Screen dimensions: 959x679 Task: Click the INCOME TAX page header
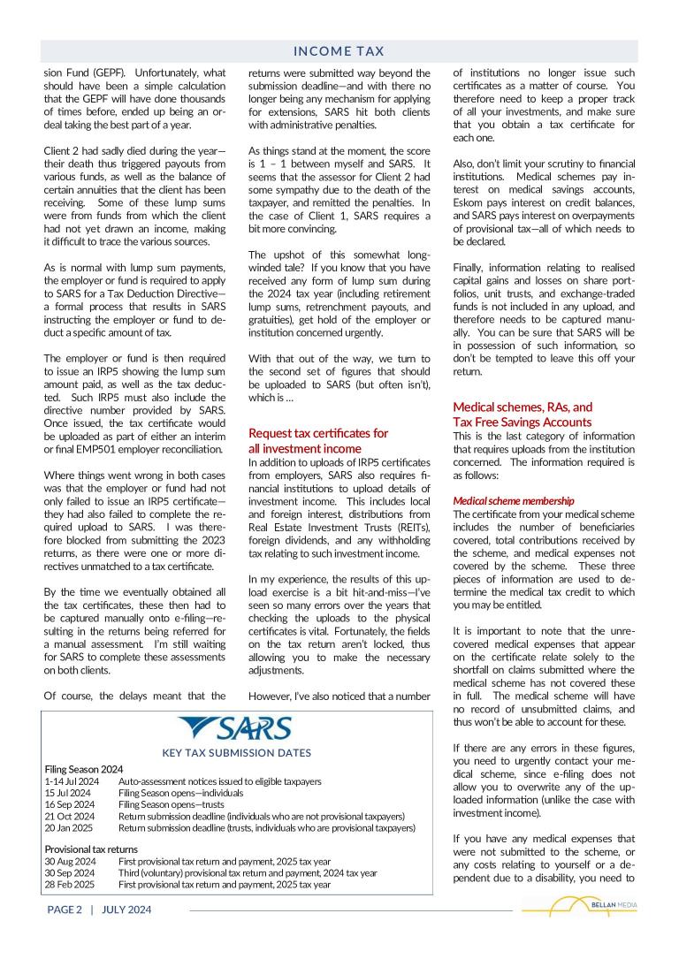tap(339, 52)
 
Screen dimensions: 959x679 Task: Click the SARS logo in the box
tap(235, 728)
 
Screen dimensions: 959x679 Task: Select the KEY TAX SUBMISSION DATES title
tap(236, 753)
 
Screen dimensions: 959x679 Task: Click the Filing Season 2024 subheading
tap(84, 769)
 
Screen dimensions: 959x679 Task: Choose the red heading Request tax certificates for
tap(317, 433)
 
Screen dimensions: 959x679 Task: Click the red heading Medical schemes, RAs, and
tap(523, 407)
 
